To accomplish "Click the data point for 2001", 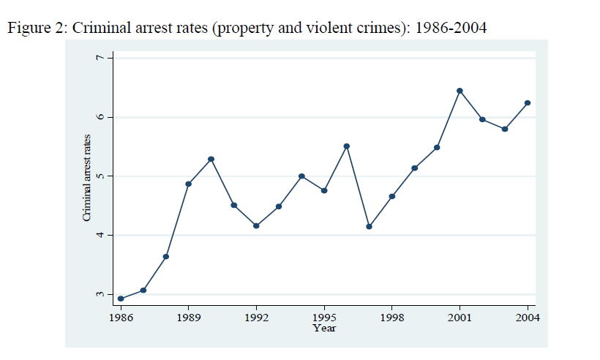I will pos(460,91).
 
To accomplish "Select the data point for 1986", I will pos(121,299).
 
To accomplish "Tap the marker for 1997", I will pos(370,226).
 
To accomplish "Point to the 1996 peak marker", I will pos(347,146).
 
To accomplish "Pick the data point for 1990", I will pos(211,159).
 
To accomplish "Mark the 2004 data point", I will pos(528,103).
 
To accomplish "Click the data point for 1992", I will pos(256,225).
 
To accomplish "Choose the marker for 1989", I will pos(189,184).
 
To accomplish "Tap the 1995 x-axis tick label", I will pos(324,318).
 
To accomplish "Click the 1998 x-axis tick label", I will pos(392,318).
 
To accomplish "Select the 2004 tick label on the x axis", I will pos(528,318).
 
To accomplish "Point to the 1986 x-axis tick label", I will pos(121,318).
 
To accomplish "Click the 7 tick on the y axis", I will pos(101,57).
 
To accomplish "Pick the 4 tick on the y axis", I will pos(101,235).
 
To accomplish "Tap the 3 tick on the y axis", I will pos(101,294).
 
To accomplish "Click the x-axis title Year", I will pos(324,328).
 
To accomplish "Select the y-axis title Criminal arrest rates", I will pos(86,178).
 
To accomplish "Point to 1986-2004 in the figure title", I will pos(450,29).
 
